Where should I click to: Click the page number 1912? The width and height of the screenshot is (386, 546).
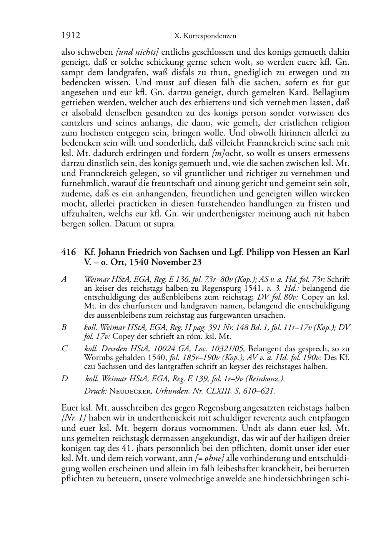71,36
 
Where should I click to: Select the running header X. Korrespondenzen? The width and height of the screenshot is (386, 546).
205,36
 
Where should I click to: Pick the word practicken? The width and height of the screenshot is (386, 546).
142,204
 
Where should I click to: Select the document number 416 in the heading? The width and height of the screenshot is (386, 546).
68,252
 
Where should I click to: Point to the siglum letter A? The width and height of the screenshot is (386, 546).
64,279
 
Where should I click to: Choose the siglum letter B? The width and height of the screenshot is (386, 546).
64,327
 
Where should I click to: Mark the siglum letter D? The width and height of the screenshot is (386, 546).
64,379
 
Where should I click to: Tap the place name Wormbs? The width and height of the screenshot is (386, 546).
98,358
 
